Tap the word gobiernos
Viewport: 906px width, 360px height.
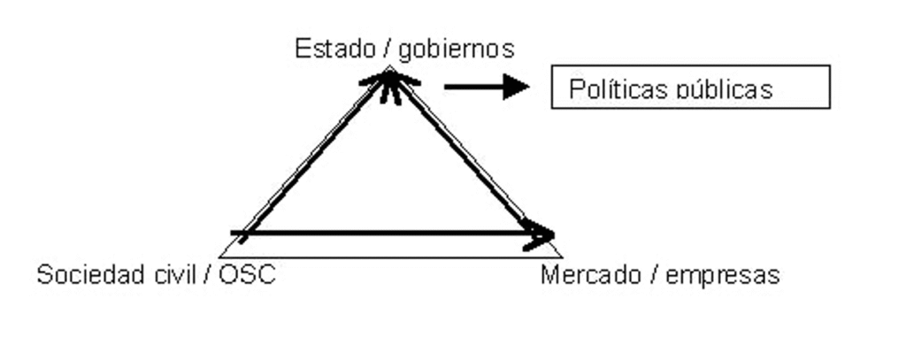tap(456, 50)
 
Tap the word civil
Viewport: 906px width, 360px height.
tap(176, 274)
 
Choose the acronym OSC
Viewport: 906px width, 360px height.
tap(247, 275)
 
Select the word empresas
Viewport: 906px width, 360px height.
tap(722, 276)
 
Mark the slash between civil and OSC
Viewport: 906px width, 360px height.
tap(207, 275)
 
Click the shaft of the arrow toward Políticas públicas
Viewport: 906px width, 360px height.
tap(474, 88)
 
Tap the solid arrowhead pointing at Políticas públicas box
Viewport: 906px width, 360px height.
tap(516, 88)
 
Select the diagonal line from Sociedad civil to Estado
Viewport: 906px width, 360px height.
tap(315, 156)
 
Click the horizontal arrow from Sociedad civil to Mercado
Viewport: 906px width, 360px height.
tap(392, 234)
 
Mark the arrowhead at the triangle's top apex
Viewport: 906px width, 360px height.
tap(390, 84)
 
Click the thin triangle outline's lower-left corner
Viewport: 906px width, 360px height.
tap(219, 257)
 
